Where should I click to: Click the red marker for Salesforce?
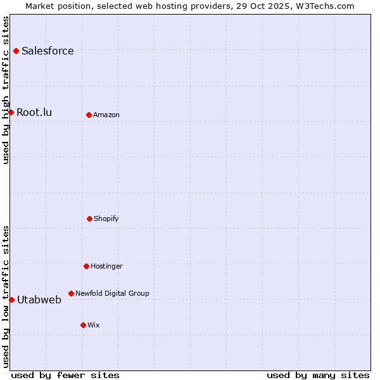click(16, 51)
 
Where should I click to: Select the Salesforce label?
click(47, 51)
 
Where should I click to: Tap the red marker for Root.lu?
click(11, 112)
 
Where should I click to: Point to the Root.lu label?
click(34, 113)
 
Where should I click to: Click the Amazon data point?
click(89, 115)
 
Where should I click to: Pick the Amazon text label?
click(106, 115)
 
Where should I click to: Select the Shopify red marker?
click(89, 218)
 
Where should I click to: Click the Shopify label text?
click(106, 219)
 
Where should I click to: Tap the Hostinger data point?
click(86, 266)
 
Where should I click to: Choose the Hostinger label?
click(106, 267)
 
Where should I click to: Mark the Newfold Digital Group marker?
click(71, 293)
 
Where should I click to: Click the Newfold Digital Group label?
click(112, 294)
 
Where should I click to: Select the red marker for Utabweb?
click(11, 300)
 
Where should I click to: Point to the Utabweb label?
click(39, 300)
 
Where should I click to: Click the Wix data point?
click(83, 325)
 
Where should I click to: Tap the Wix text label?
click(94, 326)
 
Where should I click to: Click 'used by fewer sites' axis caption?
click(65, 376)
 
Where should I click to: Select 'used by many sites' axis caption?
click(318, 376)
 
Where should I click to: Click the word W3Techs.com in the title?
click(323, 6)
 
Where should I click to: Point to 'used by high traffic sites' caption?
click(6, 90)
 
